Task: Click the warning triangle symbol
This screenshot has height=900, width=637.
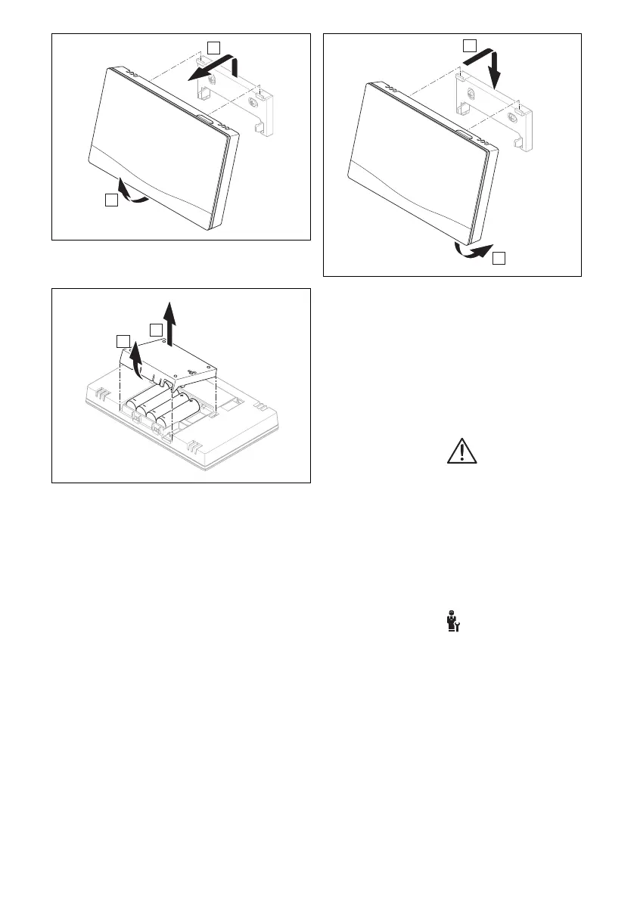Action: (458, 452)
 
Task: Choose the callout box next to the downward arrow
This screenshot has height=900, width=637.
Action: (470, 45)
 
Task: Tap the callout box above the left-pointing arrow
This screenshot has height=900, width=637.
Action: (215, 48)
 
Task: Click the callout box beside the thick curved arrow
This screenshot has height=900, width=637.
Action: (499, 259)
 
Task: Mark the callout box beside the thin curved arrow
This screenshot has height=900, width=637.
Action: (110, 200)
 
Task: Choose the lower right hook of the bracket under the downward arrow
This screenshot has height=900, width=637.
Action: (518, 141)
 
